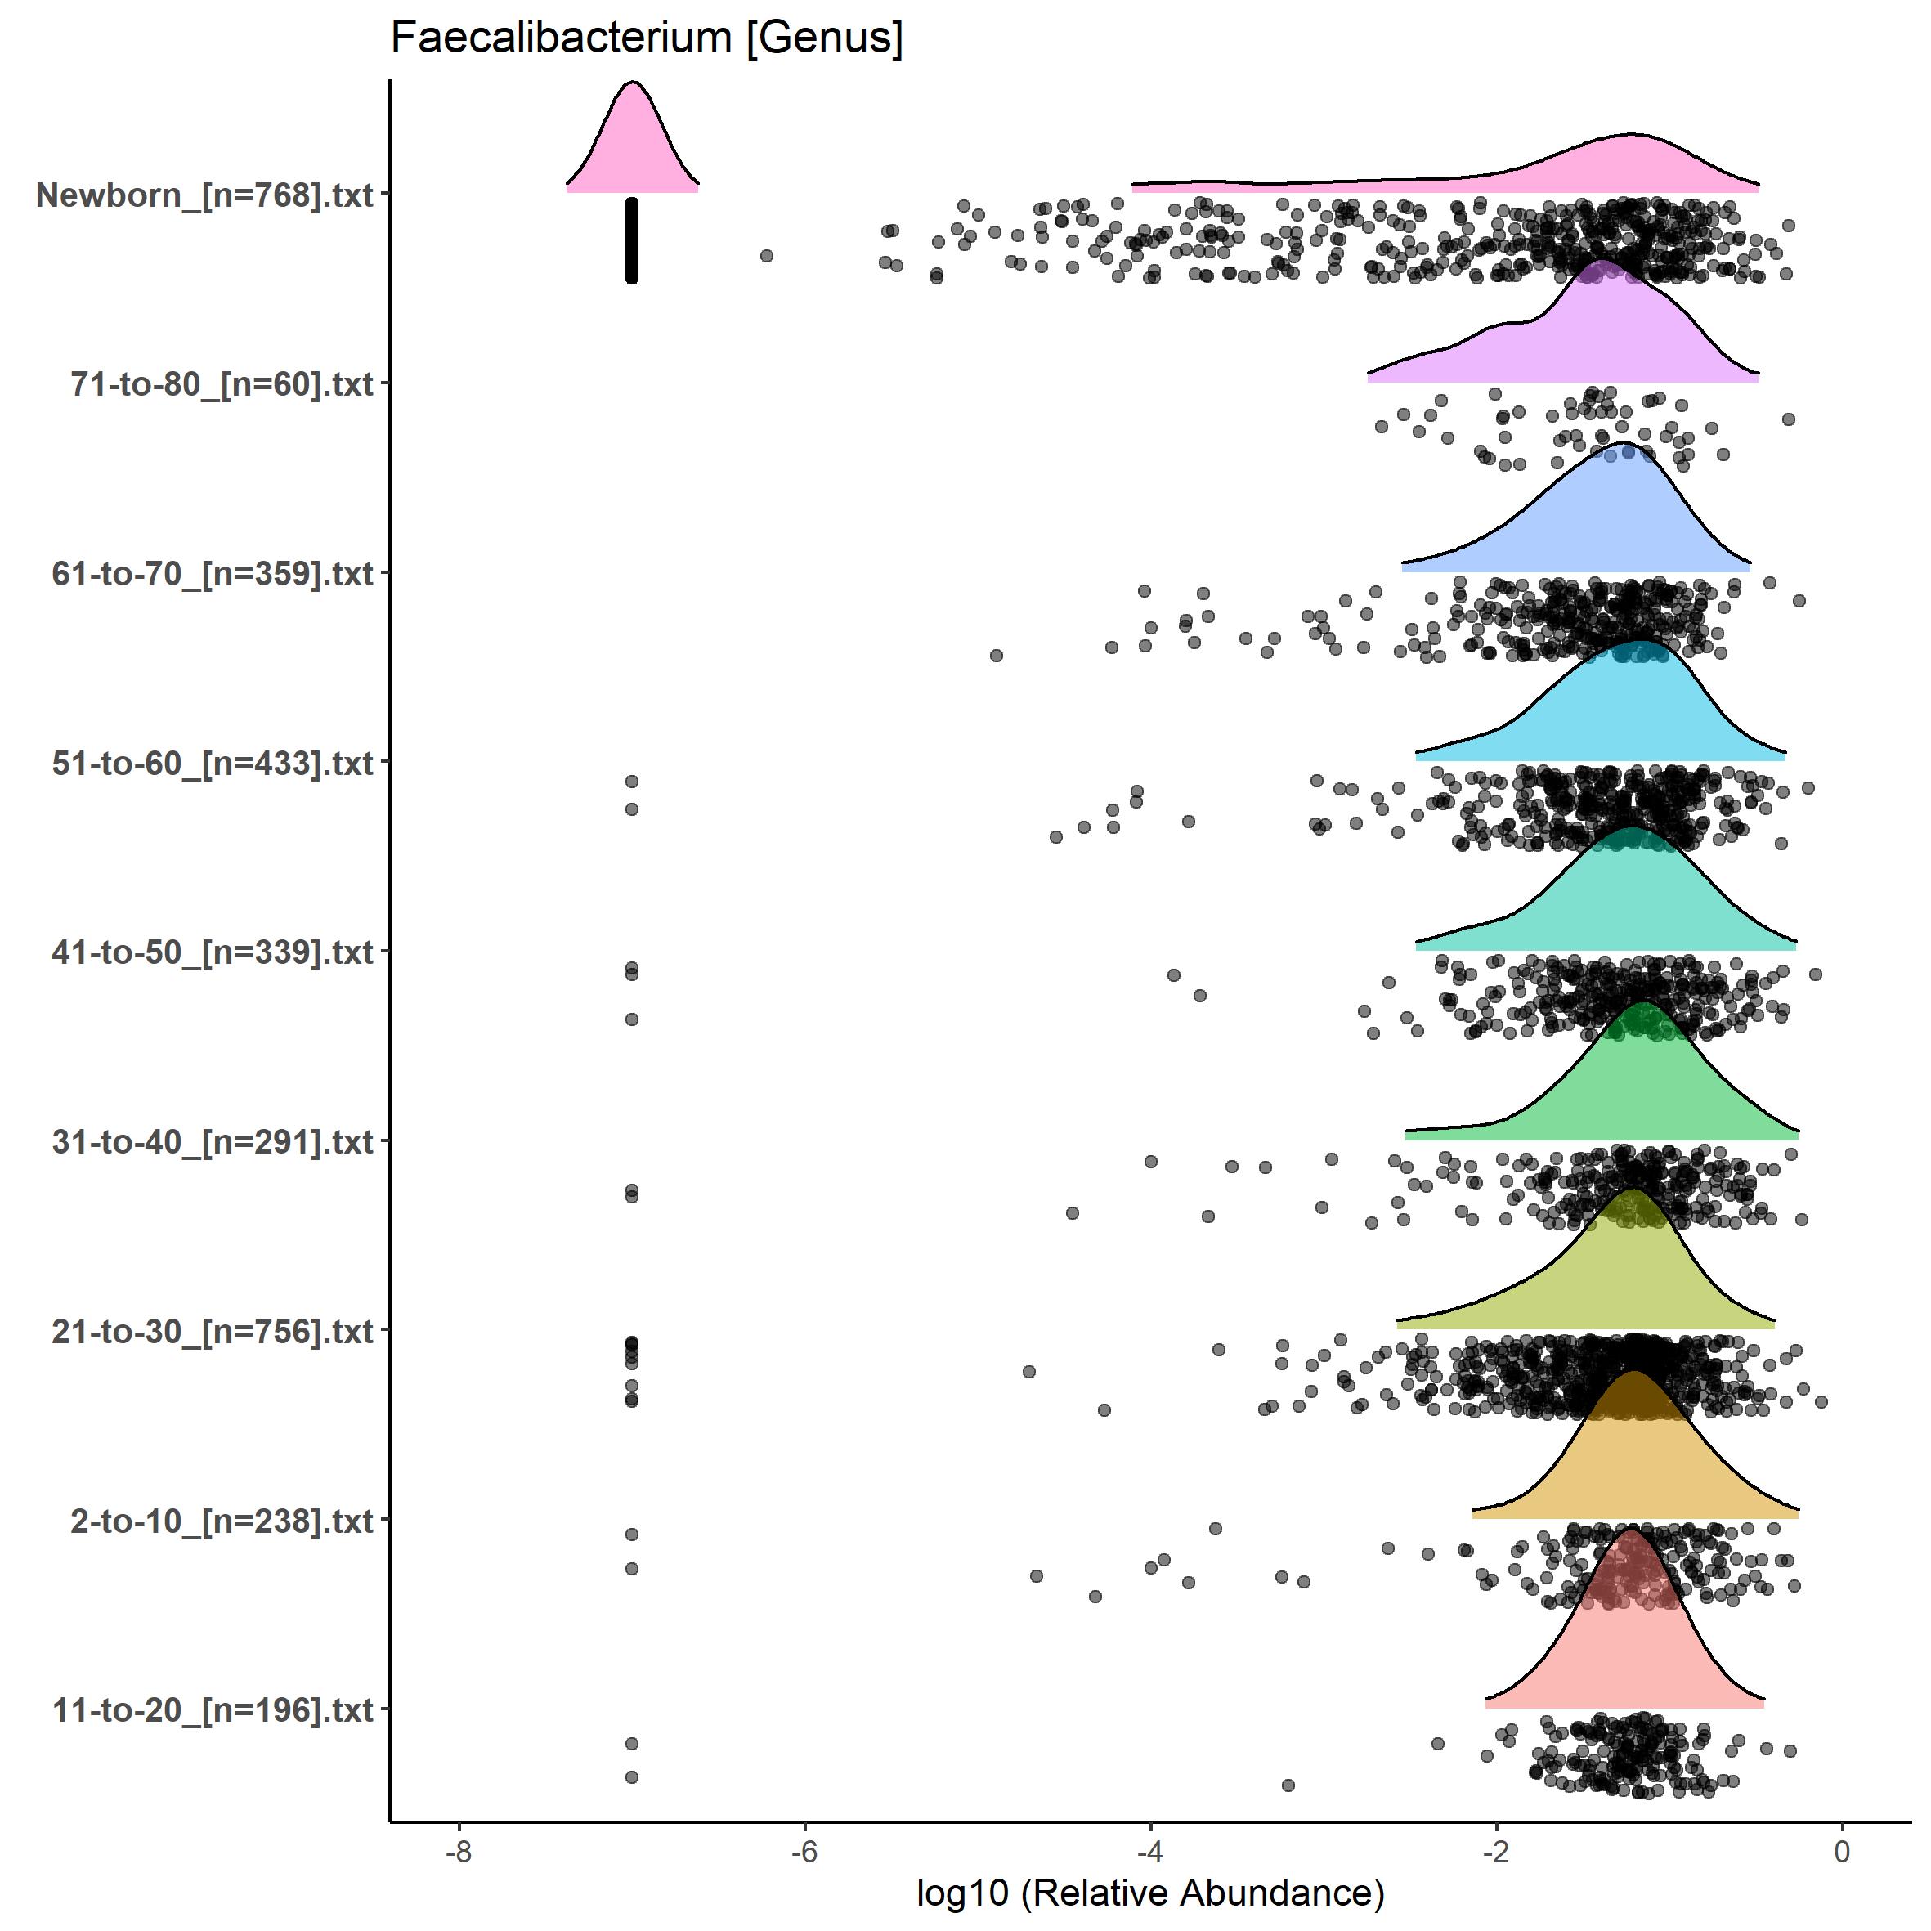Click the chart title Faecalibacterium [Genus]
pyautogui.click(x=647, y=38)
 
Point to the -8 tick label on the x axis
pyautogui.click(x=459, y=1851)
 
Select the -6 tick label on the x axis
pyautogui.click(x=804, y=1851)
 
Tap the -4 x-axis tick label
pyautogui.click(x=1150, y=1851)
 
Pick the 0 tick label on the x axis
pyautogui.click(x=1842, y=1851)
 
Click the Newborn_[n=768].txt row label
pyautogui.click(x=205, y=195)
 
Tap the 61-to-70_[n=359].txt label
pyautogui.click(x=213, y=574)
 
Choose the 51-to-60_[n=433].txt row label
pyautogui.click(x=213, y=764)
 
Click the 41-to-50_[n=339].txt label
pyautogui.click(x=213, y=952)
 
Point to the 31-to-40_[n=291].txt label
pyautogui.click(x=213, y=1141)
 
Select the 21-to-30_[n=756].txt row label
pyautogui.click(x=213, y=1331)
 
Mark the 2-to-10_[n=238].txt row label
pyautogui.click(x=222, y=1521)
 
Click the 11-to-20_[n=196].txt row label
pyautogui.click(x=213, y=1710)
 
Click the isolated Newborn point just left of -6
pyautogui.click(x=767, y=256)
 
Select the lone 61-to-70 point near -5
pyautogui.click(x=997, y=656)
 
